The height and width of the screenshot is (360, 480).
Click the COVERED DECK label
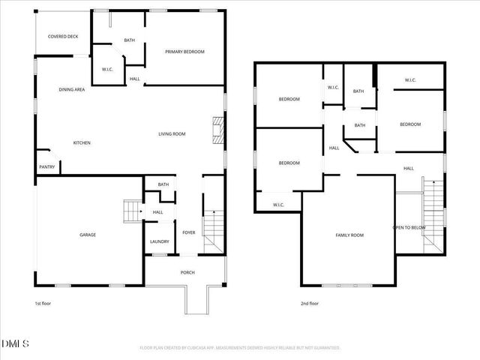[x=63, y=36]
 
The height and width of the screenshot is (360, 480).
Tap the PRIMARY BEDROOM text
[x=184, y=52]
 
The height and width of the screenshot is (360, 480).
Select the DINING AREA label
[x=72, y=90]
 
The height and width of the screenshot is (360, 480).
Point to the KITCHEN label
[x=82, y=142]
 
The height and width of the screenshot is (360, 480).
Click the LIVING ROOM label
[x=171, y=134]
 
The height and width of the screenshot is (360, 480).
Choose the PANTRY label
[x=46, y=166]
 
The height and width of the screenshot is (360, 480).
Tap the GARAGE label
[x=88, y=235]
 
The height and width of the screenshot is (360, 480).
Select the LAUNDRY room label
[x=159, y=241]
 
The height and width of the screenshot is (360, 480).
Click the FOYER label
[x=188, y=232]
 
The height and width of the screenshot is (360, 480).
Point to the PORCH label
[x=187, y=272]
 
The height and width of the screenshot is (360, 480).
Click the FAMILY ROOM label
[x=349, y=235]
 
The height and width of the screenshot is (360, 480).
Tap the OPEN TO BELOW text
[x=409, y=227]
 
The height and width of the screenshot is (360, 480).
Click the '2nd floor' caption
[x=309, y=304]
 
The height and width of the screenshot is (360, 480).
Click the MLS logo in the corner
[x=15, y=344]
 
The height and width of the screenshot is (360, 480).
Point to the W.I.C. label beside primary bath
[x=107, y=70]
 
